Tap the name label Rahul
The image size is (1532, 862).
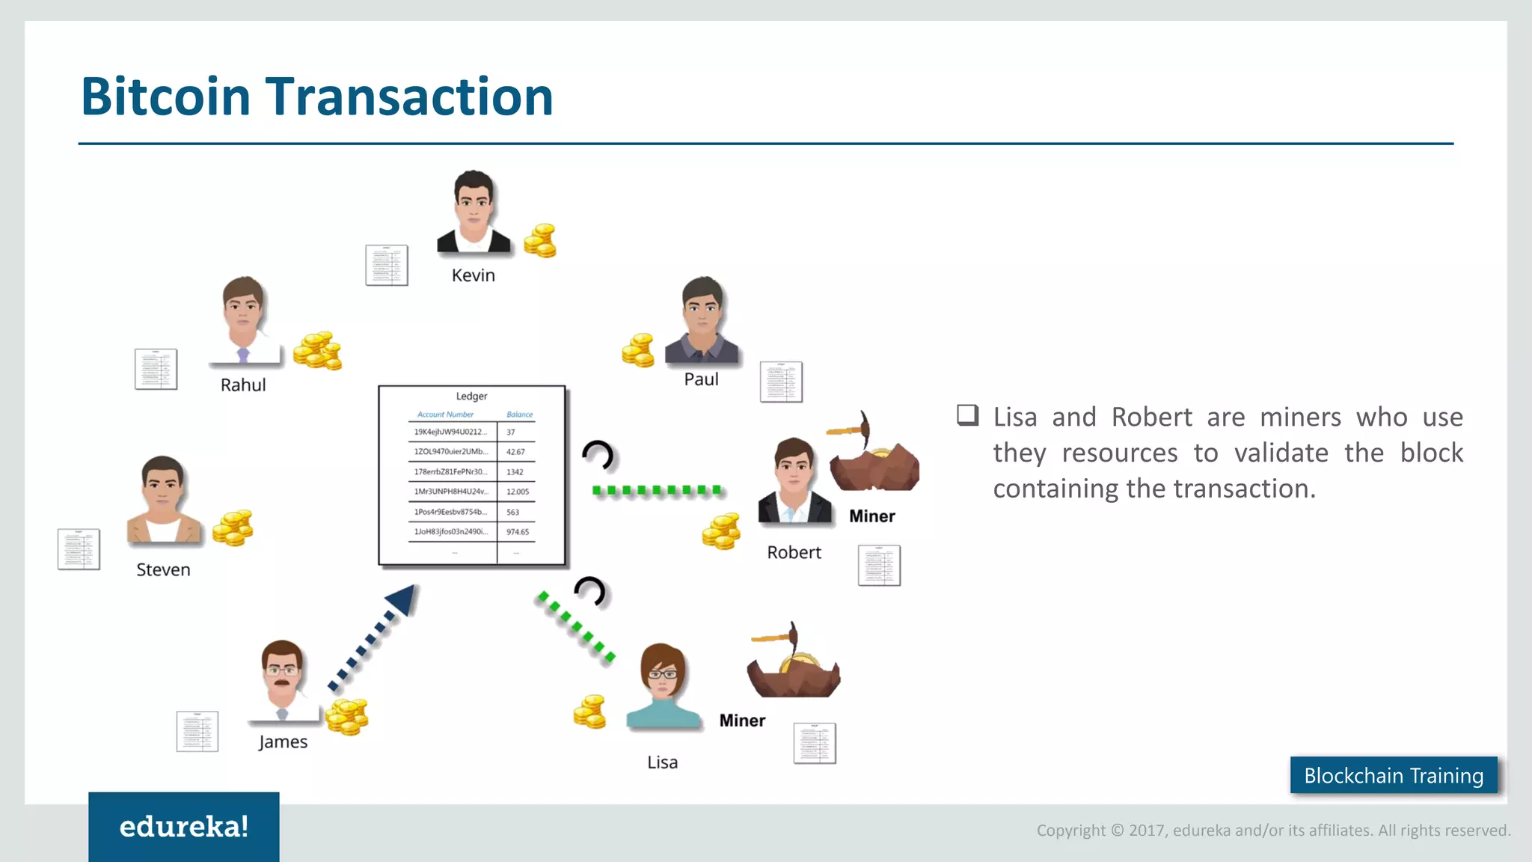coord(243,385)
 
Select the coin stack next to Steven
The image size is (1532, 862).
coord(233,528)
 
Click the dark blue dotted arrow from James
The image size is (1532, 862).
coord(373,638)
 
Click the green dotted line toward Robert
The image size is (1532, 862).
coord(657,491)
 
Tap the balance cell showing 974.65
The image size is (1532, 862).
coord(517,532)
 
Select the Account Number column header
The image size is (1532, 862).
coord(445,415)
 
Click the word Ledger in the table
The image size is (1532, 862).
coord(471,396)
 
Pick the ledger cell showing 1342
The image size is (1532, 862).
coord(515,472)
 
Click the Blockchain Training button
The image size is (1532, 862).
coord(1394,775)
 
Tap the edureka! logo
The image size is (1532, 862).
coord(184,827)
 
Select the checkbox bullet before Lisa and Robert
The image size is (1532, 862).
coord(967,415)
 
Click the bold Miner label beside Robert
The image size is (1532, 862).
coord(871,516)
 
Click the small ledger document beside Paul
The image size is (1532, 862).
coord(781,382)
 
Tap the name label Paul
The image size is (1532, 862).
coord(701,379)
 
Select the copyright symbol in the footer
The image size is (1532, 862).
coord(1117,831)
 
